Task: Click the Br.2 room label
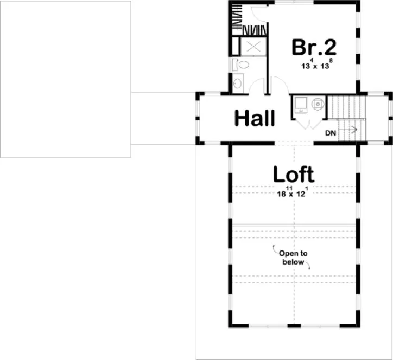click(314, 47)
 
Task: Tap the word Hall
click(255, 118)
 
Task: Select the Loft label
click(293, 175)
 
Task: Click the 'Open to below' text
click(293, 258)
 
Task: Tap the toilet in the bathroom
click(242, 66)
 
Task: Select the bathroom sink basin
click(237, 84)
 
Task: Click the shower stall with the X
click(252, 47)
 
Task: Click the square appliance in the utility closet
click(300, 103)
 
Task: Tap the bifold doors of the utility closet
click(309, 125)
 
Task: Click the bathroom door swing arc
click(258, 85)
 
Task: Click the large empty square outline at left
click(65, 79)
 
